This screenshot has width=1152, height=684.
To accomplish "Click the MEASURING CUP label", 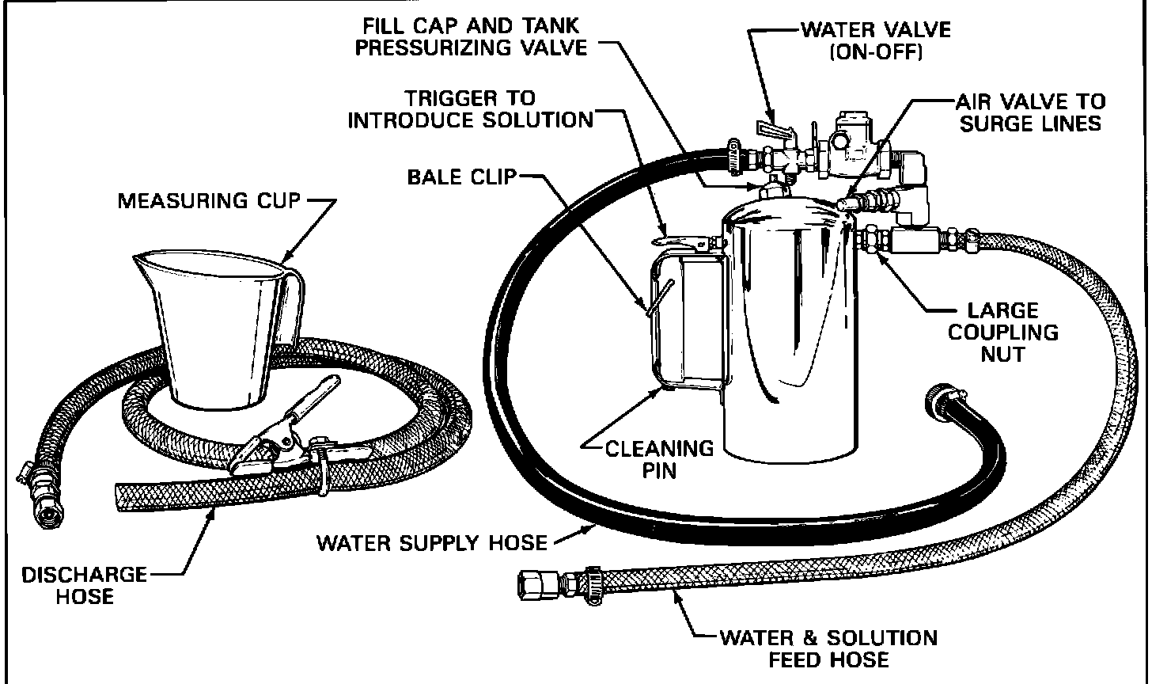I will click(209, 201).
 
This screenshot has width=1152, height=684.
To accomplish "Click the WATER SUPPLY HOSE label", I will click(432, 542).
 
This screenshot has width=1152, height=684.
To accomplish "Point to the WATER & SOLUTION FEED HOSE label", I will click(828, 648).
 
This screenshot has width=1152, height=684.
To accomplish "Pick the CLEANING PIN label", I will click(660, 459).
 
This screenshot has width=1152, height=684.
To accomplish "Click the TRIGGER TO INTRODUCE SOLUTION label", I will click(471, 109).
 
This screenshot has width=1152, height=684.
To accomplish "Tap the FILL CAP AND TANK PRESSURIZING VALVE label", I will click(472, 36).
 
